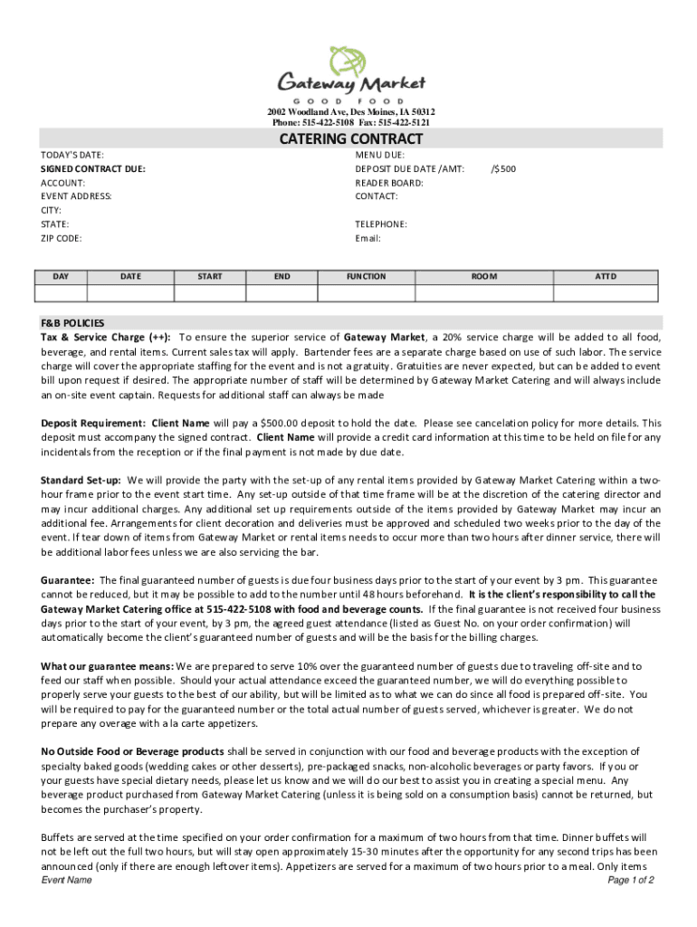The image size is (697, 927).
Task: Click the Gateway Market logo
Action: pos(350,72)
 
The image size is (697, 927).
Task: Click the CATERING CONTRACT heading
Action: pos(350,139)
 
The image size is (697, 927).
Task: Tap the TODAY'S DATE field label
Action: pos(72,155)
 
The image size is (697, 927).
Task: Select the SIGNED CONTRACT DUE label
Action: pos(93,168)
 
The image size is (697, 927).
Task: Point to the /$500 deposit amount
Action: pos(503,168)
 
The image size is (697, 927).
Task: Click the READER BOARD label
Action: pos(389,182)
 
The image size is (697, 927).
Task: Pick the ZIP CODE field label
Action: pos(62,238)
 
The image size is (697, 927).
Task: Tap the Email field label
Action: pos(368,238)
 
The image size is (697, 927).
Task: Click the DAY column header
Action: pos(62,276)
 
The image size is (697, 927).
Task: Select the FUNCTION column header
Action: pos(366,276)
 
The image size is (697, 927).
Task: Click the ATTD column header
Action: pos(605,276)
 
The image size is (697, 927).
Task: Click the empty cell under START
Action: pos(209,292)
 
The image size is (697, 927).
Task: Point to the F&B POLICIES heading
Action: pos(72,322)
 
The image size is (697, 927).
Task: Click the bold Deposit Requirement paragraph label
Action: pos(93,423)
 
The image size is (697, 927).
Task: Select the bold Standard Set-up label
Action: pos(81,480)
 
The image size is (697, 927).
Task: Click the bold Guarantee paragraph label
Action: pos(68,579)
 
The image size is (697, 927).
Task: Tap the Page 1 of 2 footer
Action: pos(631,880)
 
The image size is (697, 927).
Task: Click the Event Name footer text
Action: pos(67,880)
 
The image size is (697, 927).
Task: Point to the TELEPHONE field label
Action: pos(381,224)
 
